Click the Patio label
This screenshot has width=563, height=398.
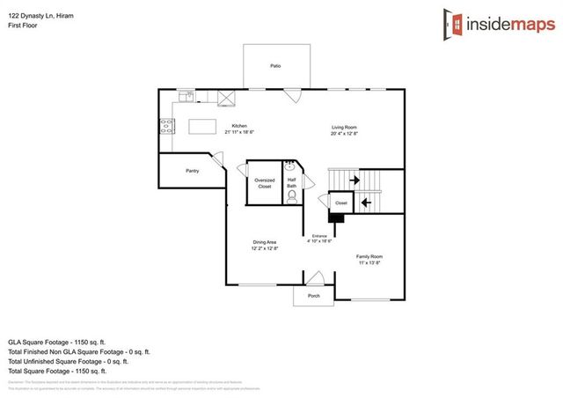(x=275, y=66)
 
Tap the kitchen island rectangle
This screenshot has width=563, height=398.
(x=203, y=127)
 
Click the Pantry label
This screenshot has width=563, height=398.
(x=192, y=171)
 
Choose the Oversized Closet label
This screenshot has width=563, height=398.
(x=265, y=182)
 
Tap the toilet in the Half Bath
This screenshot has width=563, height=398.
(x=291, y=197)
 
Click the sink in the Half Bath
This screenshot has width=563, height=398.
(x=290, y=166)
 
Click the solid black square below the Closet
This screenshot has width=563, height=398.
(x=335, y=217)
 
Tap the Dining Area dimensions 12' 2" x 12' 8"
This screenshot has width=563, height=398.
(x=266, y=248)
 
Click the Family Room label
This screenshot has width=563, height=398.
(x=369, y=256)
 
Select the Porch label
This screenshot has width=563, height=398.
(x=314, y=296)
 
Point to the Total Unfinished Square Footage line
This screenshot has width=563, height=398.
(x=69, y=360)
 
